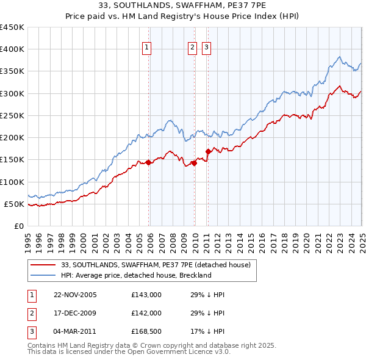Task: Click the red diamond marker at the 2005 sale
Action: click(148, 162)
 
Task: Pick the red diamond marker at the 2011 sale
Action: click(208, 151)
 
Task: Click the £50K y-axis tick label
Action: click(15, 204)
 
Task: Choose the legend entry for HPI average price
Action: click(135, 275)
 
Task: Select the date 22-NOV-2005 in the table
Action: click(75, 295)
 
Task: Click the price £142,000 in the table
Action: click(146, 313)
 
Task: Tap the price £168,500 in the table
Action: click(146, 332)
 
